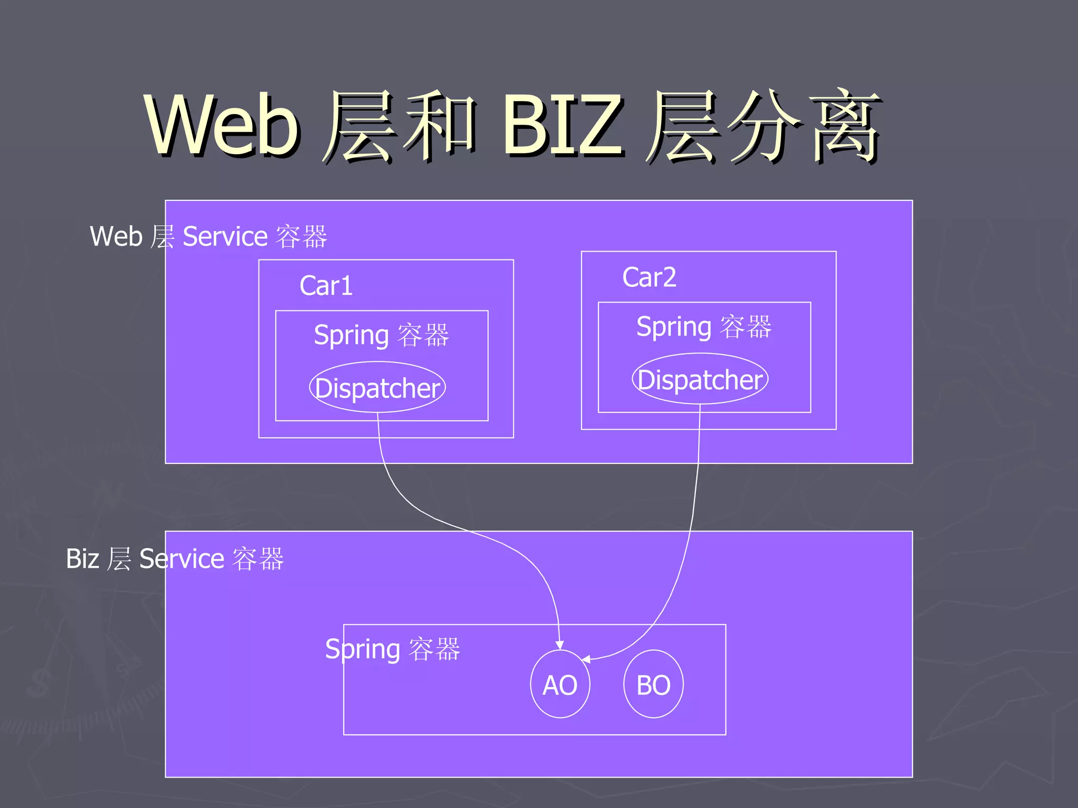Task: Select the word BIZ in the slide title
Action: pyautogui.click(x=563, y=125)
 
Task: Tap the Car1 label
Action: pyautogui.click(x=326, y=286)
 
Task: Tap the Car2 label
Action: pyautogui.click(x=649, y=277)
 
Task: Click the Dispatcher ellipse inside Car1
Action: pyautogui.click(x=377, y=388)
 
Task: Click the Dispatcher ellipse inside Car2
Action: pyautogui.click(x=700, y=379)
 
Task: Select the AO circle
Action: pyautogui.click(x=560, y=684)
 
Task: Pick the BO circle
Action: pyautogui.click(x=653, y=684)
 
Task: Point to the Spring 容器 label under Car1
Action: pyautogui.click(x=381, y=335)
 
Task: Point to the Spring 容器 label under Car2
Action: pyautogui.click(x=704, y=327)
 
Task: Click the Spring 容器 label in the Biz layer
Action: pyautogui.click(x=392, y=649)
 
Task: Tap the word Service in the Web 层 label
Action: pyautogui.click(x=225, y=236)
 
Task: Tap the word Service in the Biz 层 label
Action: pyautogui.click(x=182, y=559)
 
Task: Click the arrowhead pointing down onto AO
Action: pyautogui.click(x=560, y=645)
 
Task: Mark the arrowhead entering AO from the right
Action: pyautogui.click(x=586, y=659)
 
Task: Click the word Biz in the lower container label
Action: pyautogui.click(x=82, y=559)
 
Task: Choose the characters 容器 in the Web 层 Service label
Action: pyautogui.click(x=302, y=236)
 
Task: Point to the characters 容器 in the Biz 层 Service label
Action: pyautogui.click(x=258, y=559)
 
